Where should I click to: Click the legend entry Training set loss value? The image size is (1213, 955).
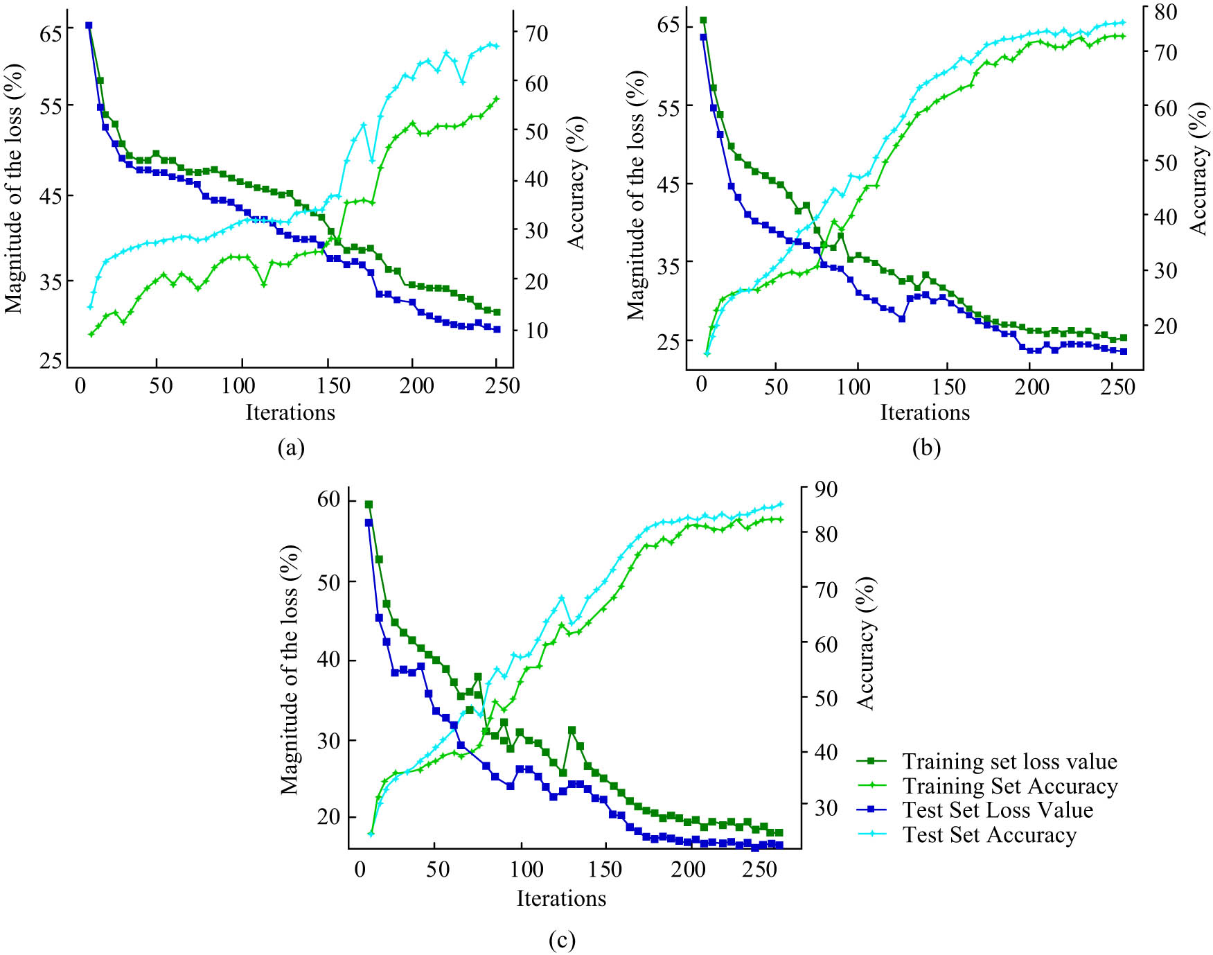click(1009, 762)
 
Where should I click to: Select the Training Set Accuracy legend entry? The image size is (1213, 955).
click(1009, 786)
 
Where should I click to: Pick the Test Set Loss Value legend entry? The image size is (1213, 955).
click(997, 810)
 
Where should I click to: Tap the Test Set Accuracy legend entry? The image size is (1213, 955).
click(989, 835)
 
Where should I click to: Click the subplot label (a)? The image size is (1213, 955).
click(291, 448)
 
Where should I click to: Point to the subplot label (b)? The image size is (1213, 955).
click(926, 448)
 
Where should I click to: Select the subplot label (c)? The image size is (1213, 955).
click(562, 940)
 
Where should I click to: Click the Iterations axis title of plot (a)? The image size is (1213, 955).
click(290, 412)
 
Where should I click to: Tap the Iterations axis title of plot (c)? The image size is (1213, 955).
click(561, 898)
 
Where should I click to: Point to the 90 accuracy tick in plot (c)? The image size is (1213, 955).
click(823, 489)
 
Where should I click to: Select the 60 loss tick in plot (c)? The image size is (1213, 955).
click(328, 499)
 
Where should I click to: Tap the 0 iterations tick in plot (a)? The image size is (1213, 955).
click(80, 385)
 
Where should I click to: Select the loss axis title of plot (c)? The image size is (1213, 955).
click(289, 669)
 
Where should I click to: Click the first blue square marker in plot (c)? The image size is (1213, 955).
click(369, 523)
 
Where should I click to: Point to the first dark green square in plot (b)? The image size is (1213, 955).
click(703, 20)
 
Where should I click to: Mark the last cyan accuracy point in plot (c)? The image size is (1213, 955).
click(780, 504)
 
